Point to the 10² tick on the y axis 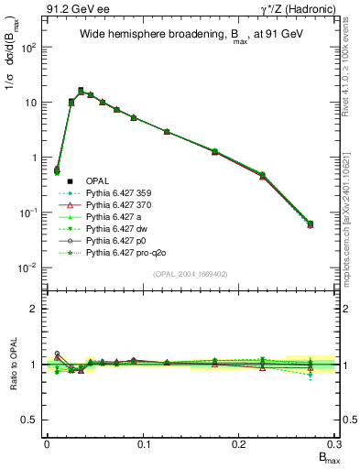point(29,48)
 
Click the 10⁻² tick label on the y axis point(29,267)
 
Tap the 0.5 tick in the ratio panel point(33,420)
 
